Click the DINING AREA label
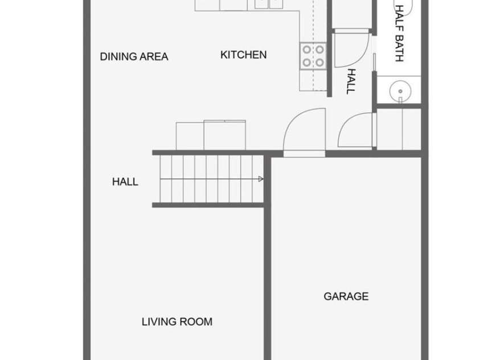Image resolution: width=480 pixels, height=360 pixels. [134, 56]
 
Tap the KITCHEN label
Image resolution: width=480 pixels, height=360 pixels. [243, 55]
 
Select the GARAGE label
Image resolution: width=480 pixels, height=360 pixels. [346, 296]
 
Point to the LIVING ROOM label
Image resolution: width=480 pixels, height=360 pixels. [177, 322]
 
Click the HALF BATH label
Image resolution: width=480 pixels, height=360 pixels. [399, 34]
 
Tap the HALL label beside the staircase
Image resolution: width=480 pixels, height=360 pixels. [125, 182]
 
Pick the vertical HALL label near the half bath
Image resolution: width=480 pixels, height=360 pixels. [351, 81]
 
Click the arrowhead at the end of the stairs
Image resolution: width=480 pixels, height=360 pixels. [261, 179]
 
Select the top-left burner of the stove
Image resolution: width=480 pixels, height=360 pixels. [307, 50]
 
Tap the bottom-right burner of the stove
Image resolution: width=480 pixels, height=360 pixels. [319, 63]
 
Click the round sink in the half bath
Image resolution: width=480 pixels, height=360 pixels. [400, 91]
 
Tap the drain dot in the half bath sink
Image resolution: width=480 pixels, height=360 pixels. [400, 91]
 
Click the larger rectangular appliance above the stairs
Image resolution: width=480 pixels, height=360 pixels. [224, 135]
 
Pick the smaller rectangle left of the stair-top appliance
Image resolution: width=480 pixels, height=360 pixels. [190, 136]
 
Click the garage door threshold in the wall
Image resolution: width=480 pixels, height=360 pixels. [304, 154]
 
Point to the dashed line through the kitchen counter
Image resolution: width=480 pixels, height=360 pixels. [313, 46]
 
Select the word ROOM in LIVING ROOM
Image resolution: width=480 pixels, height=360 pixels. [196, 322]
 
